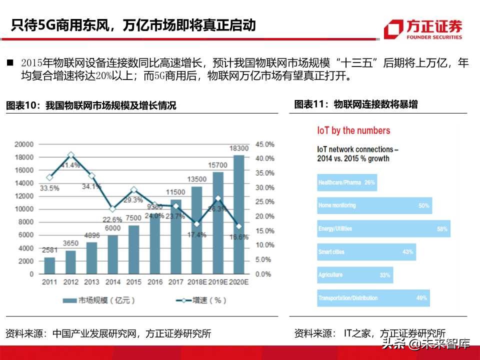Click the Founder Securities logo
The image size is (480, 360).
[423, 29]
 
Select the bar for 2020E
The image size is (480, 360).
[239, 215]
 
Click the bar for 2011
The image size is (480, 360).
[49, 265]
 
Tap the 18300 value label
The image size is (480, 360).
[239, 148]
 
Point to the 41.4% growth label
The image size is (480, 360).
[71, 165]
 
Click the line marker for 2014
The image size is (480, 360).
[112, 209]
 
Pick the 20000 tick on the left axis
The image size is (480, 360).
[24, 144]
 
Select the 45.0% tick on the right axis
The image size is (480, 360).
[264, 144]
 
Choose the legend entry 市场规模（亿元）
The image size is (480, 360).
[98, 300]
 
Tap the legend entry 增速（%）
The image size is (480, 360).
[199, 300]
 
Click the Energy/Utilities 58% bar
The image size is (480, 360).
[383, 228]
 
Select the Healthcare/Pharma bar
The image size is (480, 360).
[346, 182]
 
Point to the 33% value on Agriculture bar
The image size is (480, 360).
[384, 275]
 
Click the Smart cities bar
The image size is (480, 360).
[366, 252]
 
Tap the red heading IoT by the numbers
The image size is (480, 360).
[353, 130]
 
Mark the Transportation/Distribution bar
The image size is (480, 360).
[373, 298]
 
